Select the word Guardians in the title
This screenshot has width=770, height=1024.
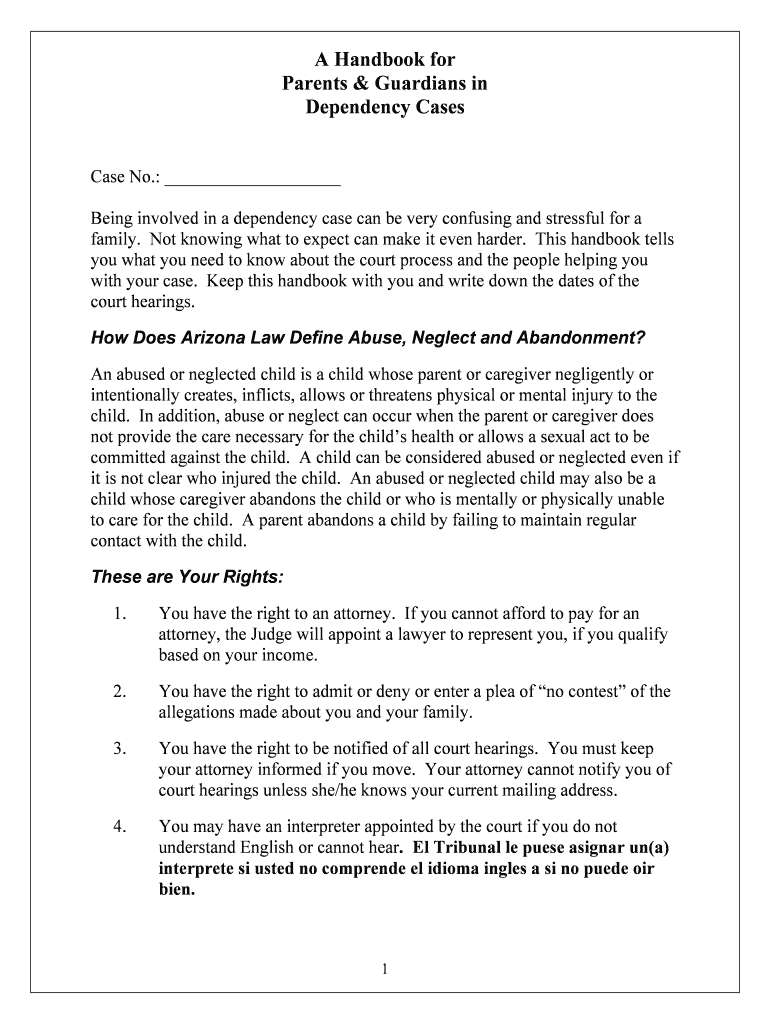pyautogui.click(x=424, y=83)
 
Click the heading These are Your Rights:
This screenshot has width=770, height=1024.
pyautogui.click(x=188, y=577)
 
